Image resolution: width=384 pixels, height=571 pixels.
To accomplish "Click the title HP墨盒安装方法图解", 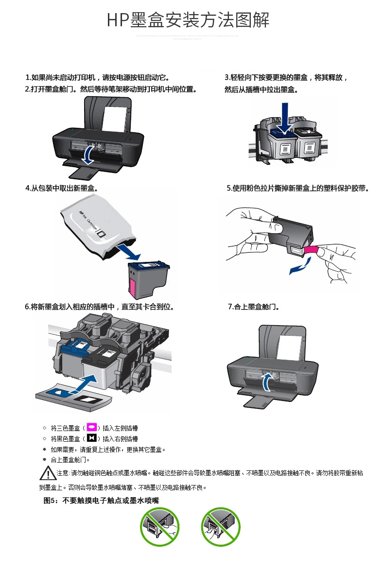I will coord(188,20).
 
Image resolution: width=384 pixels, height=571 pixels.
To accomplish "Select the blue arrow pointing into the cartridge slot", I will coord(89,383).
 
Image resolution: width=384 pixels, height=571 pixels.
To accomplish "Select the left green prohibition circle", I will coord(160,527).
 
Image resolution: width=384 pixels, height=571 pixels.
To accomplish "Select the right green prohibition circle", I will coord(221,527).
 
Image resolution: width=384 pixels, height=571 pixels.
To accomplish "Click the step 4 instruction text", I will coord(61,188).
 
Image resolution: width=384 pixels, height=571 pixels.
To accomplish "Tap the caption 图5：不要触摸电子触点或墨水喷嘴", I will coord(101,500).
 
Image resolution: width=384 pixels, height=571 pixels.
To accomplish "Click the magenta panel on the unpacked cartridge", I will coord(132,287).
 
